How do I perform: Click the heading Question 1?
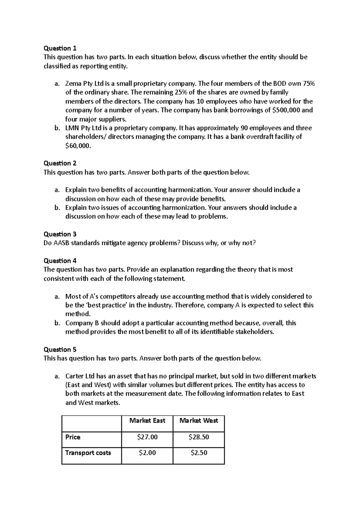[60, 48]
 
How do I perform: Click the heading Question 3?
[60, 234]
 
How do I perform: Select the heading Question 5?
[60, 350]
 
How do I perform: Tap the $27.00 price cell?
[147, 437]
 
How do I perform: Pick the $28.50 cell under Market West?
[199, 437]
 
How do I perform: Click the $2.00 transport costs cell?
[147, 453]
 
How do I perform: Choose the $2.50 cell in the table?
[199, 453]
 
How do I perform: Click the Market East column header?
[147, 421]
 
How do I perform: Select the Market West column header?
[199, 421]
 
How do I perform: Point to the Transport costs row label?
[88, 453]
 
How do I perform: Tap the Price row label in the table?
[73, 437]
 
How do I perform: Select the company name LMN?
[72, 128]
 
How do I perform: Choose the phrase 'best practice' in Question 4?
[96, 305]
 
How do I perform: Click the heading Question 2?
[60, 163]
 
